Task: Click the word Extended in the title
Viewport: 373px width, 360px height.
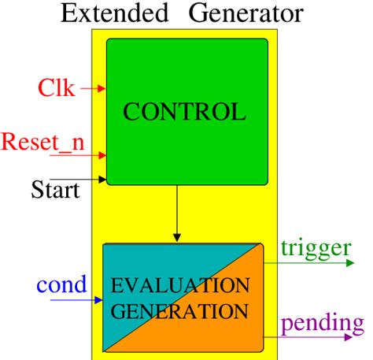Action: [108, 13]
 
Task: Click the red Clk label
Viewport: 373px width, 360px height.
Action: [57, 87]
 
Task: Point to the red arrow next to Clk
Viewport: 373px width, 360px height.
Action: [93, 89]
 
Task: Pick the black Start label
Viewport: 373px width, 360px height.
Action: [55, 190]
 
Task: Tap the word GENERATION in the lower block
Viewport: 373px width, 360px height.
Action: [182, 310]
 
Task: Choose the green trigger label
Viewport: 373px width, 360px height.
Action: [315, 248]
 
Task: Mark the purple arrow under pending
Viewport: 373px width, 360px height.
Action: [311, 337]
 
